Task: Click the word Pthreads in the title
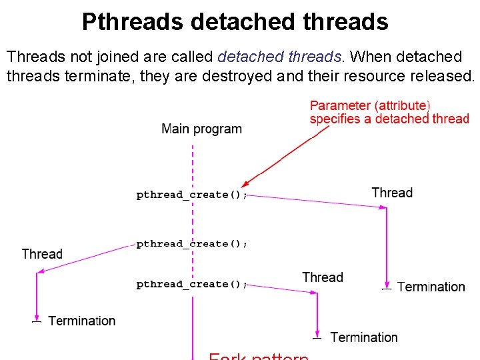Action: (x=132, y=22)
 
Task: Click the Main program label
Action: (x=201, y=129)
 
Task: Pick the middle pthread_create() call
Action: (x=192, y=243)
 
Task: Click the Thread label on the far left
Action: (x=42, y=254)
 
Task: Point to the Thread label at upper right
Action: (x=392, y=193)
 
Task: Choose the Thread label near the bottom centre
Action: (x=323, y=277)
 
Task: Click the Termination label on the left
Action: (x=82, y=321)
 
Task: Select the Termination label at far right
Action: (x=431, y=287)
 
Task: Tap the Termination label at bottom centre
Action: (x=364, y=338)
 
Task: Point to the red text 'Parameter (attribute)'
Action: (x=370, y=105)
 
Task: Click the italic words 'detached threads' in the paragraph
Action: (x=279, y=56)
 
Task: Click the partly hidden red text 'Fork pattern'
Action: (x=259, y=356)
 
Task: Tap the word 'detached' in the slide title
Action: (x=242, y=22)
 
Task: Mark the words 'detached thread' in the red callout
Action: (x=423, y=119)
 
